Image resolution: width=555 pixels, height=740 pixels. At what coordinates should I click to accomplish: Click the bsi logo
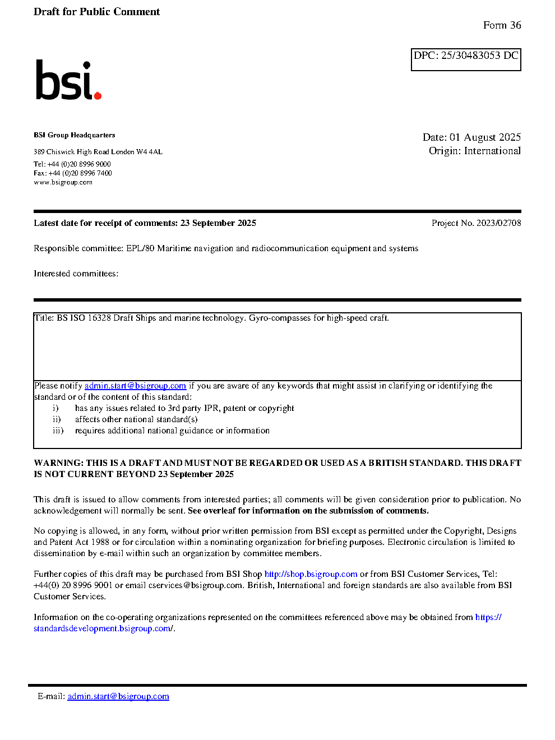(68, 81)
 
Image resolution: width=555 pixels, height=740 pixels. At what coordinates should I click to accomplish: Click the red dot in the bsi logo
(98, 96)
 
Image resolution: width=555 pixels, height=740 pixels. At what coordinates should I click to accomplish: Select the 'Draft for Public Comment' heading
(96, 12)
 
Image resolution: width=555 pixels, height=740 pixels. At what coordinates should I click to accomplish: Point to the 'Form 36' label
(502, 25)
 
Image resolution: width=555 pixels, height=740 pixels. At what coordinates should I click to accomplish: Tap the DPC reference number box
(465, 59)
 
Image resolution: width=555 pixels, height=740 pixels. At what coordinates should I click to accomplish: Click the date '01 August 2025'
(485, 137)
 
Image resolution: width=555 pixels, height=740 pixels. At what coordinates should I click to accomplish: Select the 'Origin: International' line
(474, 151)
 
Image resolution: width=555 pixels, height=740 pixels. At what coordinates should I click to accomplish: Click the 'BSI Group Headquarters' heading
(74, 135)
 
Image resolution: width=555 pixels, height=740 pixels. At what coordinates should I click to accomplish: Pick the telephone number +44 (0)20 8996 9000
(79, 164)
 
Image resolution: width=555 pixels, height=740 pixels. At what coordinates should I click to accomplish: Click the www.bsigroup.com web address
(63, 182)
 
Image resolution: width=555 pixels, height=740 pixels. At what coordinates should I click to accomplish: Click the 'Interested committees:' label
(76, 274)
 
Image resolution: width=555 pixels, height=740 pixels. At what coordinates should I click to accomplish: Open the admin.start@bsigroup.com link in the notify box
(135, 386)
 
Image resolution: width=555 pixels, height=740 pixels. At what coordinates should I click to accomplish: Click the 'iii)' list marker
(58, 431)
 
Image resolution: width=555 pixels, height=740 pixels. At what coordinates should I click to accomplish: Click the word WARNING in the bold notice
(58, 463)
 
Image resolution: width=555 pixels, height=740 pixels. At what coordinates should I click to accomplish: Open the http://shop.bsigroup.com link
(311, 574)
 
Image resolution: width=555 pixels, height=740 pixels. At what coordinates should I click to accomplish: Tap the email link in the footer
(118, 696)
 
